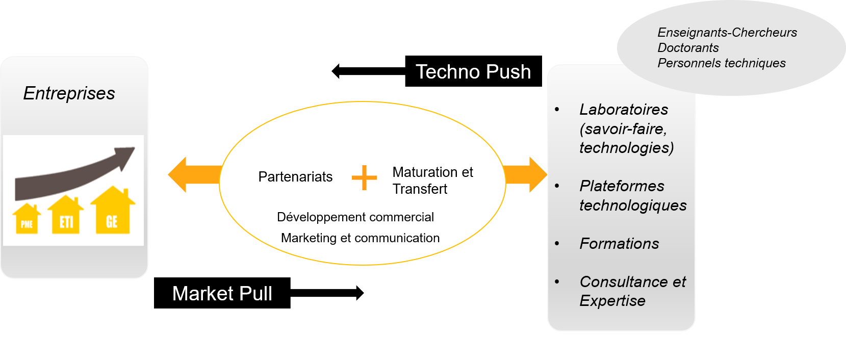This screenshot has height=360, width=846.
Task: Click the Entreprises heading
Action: click(x=69, y=93)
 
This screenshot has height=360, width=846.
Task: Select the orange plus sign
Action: click(x=364, y=178)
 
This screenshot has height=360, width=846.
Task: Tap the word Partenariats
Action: click(x=295, y=177)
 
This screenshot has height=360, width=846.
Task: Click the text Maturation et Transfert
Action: click(x=432, y=181)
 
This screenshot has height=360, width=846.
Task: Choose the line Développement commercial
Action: click(x=355, y=217)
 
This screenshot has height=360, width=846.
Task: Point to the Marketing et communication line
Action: click(x=360, y=238)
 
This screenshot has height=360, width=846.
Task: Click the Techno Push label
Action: click(x=473, y=72)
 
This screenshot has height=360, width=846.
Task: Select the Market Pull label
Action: click(x=222, y=294)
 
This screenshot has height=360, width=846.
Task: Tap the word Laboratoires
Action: click(x=624, y=110)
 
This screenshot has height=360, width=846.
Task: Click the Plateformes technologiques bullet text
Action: click(x=632, y=196)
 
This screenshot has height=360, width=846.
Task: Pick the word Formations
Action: click(x=619, y=244)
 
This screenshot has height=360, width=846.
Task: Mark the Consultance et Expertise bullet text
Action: click(x=632, y=291)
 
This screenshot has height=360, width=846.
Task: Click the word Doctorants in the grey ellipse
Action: click(x=688, y=48)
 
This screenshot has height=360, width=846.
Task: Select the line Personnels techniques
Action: click(x=722, y=63)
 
